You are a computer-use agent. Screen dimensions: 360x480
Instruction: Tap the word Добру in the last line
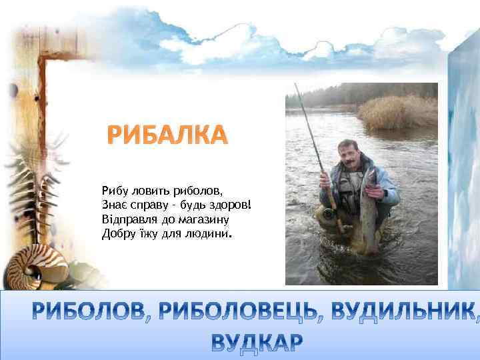pos(117,233)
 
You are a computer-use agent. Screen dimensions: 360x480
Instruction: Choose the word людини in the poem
pos(207,233)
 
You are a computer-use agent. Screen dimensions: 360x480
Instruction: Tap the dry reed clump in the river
pos(397,111)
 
